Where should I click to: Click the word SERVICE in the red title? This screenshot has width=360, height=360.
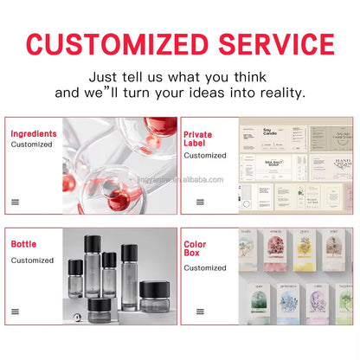pyautogui.click(x=273, y=45)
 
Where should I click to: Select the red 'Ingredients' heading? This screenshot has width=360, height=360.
pyautogui.click(x=34, y=134)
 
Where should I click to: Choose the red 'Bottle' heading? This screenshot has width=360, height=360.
pyautogui.click(x=24, y=244)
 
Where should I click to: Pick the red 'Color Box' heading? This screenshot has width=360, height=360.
pyautogui.click(x=196, y=250)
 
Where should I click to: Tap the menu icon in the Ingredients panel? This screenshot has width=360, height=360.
pyautogui.click(x=16, y=202)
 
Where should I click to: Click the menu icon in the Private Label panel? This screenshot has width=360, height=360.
pyautogui.click(x=201, y=202)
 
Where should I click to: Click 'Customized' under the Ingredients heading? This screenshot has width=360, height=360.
pyautogui.click(x=32, y=145)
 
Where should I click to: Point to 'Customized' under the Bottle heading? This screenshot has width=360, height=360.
pyautogui.click(x=32, y=260)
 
